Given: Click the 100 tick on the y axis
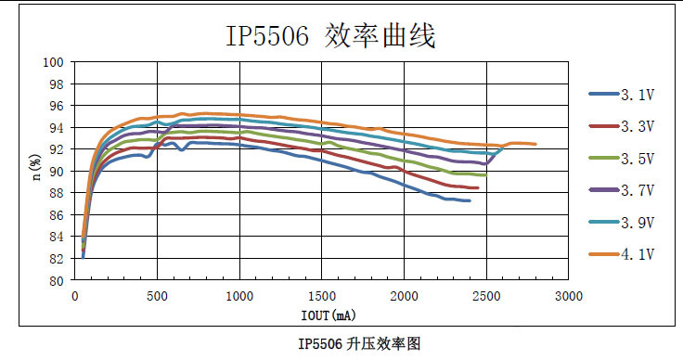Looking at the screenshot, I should coord(54,62).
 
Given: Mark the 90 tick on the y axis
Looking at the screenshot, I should coord(57,172).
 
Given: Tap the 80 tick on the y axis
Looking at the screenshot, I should coord(57,280).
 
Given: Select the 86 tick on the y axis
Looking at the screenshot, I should coord(57,215).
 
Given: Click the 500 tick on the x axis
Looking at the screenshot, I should coord(157,296).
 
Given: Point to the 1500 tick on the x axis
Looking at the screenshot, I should coord(322,296).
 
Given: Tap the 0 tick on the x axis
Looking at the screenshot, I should coord(74,296).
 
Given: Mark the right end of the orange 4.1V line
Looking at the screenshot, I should coord(535,144).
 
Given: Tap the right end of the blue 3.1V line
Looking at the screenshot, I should coord(470,200).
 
